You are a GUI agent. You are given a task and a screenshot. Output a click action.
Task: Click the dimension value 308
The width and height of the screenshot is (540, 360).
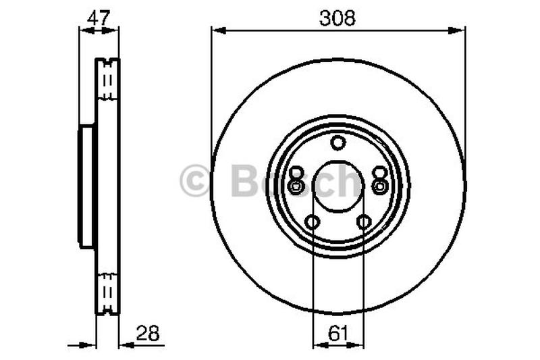coord(337,18)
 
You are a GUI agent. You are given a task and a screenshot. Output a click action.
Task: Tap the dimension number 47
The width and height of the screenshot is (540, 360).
coord(99,18)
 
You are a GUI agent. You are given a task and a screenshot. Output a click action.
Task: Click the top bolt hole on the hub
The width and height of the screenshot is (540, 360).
coord(338,143)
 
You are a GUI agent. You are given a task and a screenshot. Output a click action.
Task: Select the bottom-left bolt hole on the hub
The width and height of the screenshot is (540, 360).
coord(312,222)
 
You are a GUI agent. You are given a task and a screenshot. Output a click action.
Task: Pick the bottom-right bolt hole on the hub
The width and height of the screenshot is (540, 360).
coord(364,222)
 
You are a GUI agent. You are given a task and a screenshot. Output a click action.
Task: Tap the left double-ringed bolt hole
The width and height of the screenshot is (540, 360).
coord(295,186)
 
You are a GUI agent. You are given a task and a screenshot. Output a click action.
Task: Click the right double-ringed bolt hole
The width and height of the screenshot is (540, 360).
coord(380,186)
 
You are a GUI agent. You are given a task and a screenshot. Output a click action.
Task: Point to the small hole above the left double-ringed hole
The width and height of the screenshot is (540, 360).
coord(296,172)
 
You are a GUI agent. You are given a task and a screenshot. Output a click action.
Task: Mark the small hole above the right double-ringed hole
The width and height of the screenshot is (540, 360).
coord(380,172)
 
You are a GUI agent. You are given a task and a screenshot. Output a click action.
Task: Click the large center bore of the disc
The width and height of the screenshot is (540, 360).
coord(337,187)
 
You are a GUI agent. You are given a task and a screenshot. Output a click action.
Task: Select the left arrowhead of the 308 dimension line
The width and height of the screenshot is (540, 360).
coord(215,29)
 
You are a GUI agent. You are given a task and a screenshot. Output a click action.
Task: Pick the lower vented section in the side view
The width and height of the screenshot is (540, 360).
coord(107,293)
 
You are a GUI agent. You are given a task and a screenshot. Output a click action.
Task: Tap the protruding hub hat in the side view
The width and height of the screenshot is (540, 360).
coord(87,187)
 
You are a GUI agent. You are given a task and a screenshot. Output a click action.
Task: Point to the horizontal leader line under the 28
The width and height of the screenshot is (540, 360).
coord(142,344)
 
